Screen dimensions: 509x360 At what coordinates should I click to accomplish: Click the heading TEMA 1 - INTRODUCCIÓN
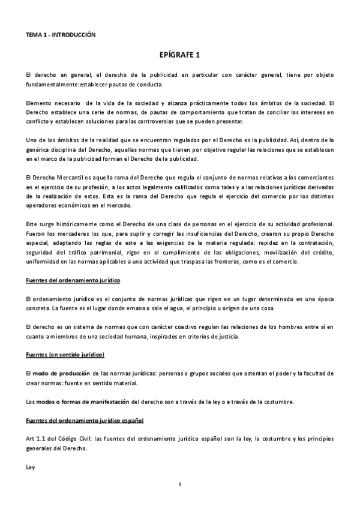61,35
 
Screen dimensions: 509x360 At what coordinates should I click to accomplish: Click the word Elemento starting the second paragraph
40,103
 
